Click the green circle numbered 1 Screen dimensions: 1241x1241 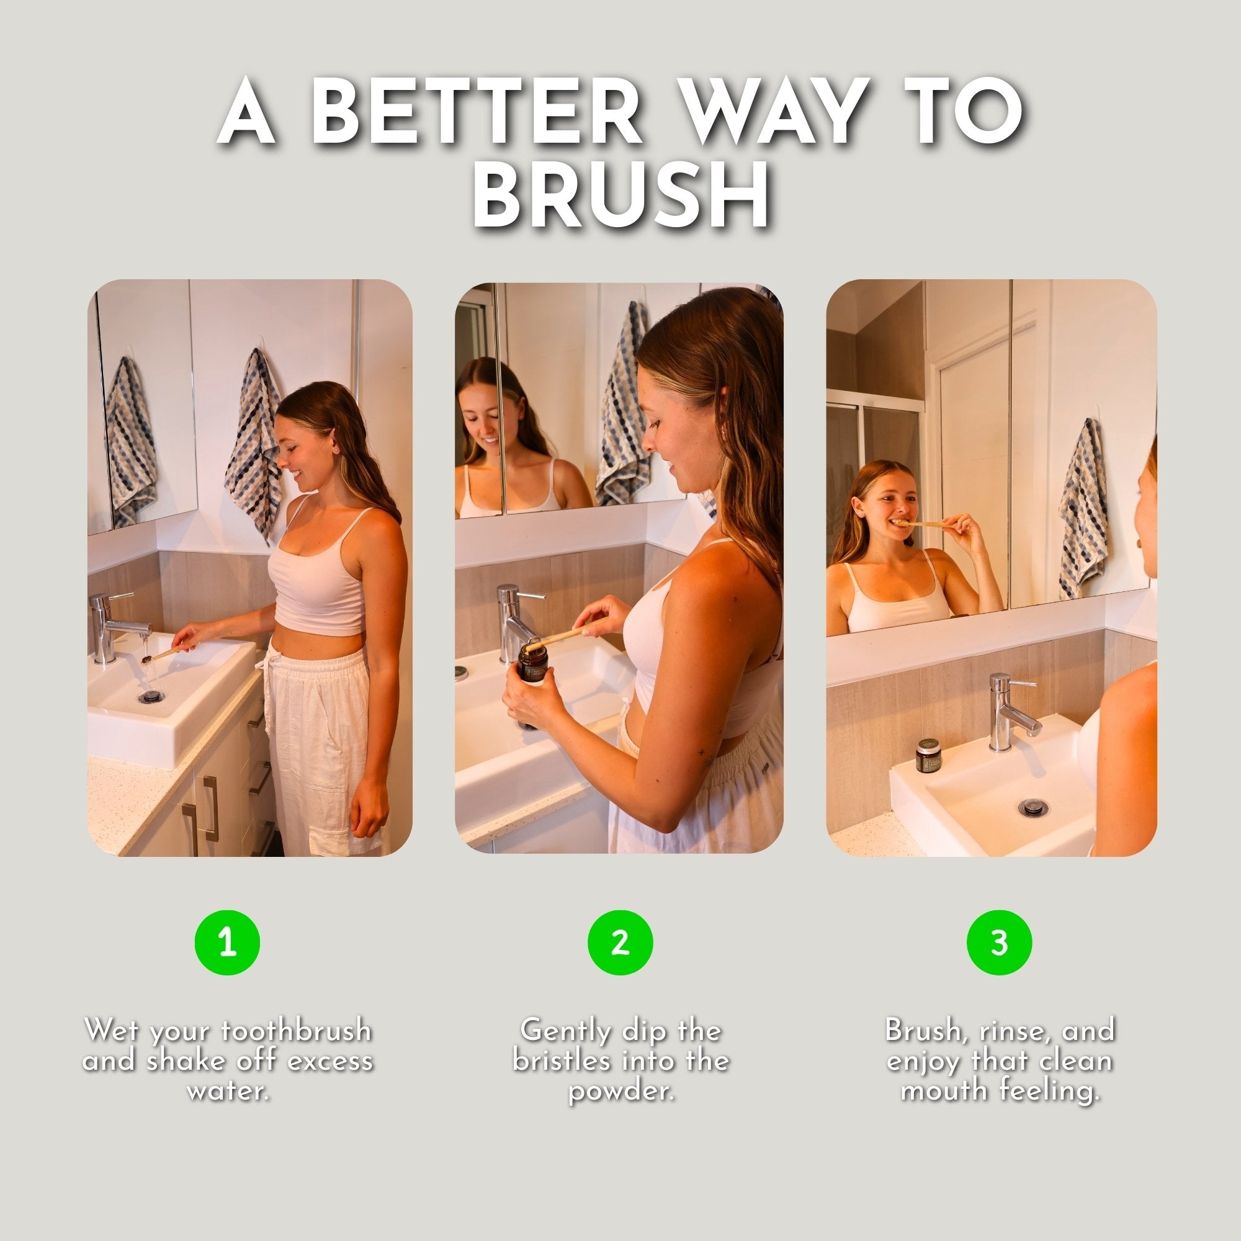(x=227, y=943)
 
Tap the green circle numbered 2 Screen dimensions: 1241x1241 (x=620, y=943)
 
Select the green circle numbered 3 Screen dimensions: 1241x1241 (x=999, y=943)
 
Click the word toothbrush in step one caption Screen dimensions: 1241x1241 (x=296, y=1031)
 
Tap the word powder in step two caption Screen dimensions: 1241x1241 (x=620, y=1090)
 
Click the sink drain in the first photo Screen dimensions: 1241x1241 (x=151, y=696)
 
